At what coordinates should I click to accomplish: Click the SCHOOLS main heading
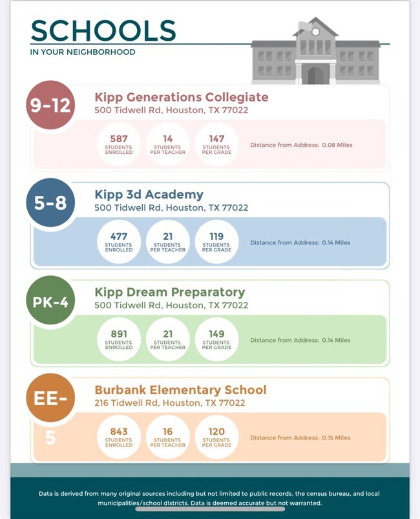[103, 31]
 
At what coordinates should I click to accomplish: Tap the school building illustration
[315, 53]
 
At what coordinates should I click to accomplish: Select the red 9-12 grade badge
[50, 105]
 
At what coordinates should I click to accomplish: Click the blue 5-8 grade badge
[50, 202]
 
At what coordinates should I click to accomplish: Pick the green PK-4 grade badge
[50, 301]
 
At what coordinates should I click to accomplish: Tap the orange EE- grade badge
[50, 397]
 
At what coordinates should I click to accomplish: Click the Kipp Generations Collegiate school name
[181, 98]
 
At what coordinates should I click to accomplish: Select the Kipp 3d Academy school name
[149, 195]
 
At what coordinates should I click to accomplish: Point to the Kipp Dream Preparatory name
[170, 292]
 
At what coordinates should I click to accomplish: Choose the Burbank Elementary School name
[180, 390]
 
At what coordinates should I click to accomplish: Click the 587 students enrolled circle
[119, 144]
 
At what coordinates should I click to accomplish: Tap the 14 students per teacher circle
[168, 144]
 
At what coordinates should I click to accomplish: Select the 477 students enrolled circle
[119, 242]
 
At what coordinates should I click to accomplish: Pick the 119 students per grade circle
[216, 242]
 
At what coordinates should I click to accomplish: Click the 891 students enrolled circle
[119, 339]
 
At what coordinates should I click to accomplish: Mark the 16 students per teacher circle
[168, 437]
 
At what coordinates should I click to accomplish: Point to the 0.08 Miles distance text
[301, 145]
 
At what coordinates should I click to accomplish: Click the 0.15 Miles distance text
[300, 438]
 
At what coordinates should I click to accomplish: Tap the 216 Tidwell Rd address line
[170, 403]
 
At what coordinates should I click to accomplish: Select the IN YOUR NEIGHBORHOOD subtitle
[83, 52]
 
